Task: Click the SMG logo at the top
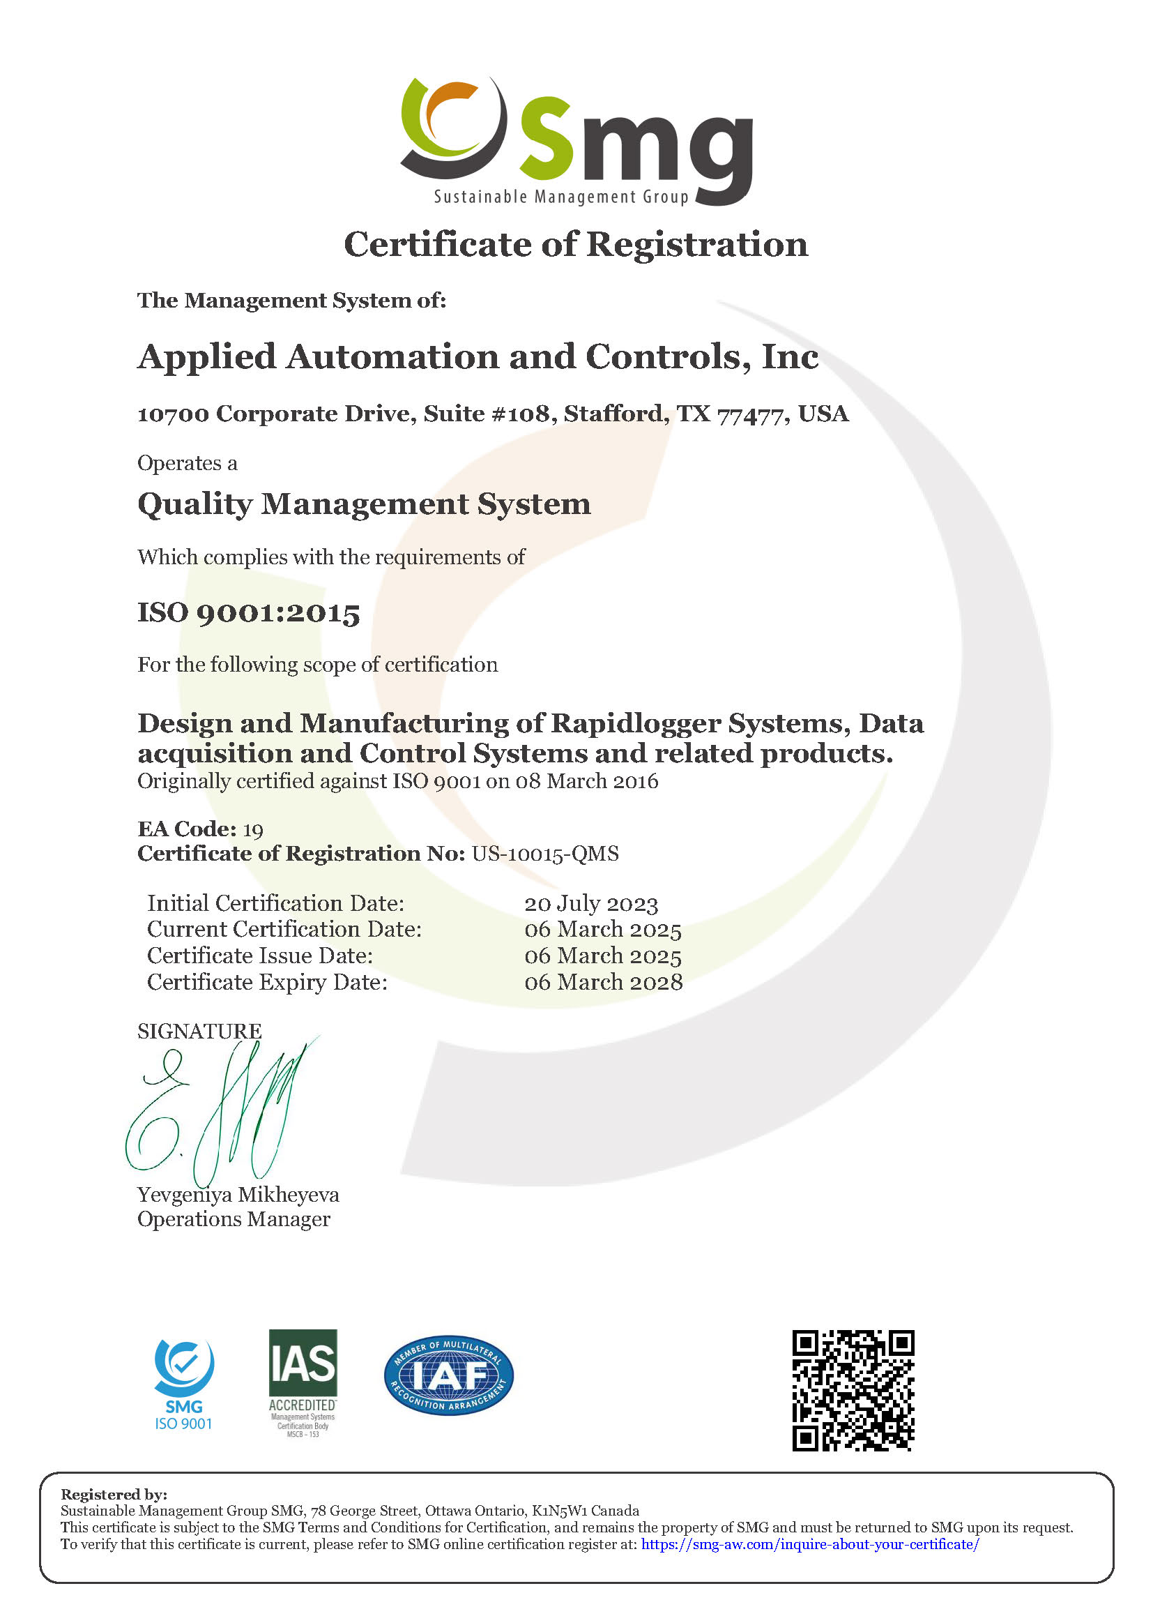coord(576,141)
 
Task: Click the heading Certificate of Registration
coord(576,244)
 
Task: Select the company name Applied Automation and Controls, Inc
coord(478,356)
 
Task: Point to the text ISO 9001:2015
coord(248,612)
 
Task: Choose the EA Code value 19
coord(253,829)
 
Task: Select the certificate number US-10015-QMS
coord(545,854)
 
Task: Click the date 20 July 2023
coord(590,903)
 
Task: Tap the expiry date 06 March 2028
coord(604,982)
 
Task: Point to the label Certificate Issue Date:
coord(260,956)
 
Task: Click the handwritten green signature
coord(220,1112)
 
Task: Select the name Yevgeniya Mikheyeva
coord(238,1195)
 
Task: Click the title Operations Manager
coord(234,1220)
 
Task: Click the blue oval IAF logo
coord(449,1375)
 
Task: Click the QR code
coord(853,1391)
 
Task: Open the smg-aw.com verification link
coord(810,1544)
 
